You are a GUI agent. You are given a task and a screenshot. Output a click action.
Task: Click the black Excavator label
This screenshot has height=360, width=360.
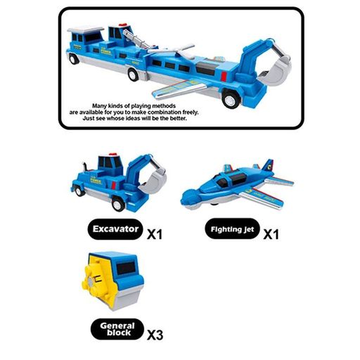(115, 229)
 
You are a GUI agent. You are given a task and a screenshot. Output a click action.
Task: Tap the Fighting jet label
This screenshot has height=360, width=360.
(232, 229)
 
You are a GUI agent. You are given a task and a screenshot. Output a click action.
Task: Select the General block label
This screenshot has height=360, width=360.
(117, 329)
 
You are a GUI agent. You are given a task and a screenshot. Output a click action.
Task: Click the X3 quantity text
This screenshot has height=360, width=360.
(155, 335)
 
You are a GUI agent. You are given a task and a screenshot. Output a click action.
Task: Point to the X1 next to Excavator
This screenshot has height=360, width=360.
(155, 234)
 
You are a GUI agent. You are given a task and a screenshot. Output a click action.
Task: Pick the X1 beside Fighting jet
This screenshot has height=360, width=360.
(271, 234)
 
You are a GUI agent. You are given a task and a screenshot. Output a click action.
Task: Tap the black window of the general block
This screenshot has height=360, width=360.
(126, 268)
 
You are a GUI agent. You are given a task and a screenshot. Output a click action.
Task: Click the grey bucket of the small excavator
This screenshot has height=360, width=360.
(153, 180)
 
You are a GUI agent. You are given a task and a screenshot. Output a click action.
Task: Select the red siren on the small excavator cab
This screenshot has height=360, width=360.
(113, 154)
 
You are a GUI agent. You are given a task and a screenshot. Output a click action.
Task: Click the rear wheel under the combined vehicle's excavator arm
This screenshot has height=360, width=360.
(229, 99)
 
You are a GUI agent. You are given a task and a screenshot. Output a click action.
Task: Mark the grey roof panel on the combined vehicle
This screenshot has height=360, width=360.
(86, 30)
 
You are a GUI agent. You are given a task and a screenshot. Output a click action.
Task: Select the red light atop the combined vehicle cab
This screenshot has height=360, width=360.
(123, 25)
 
